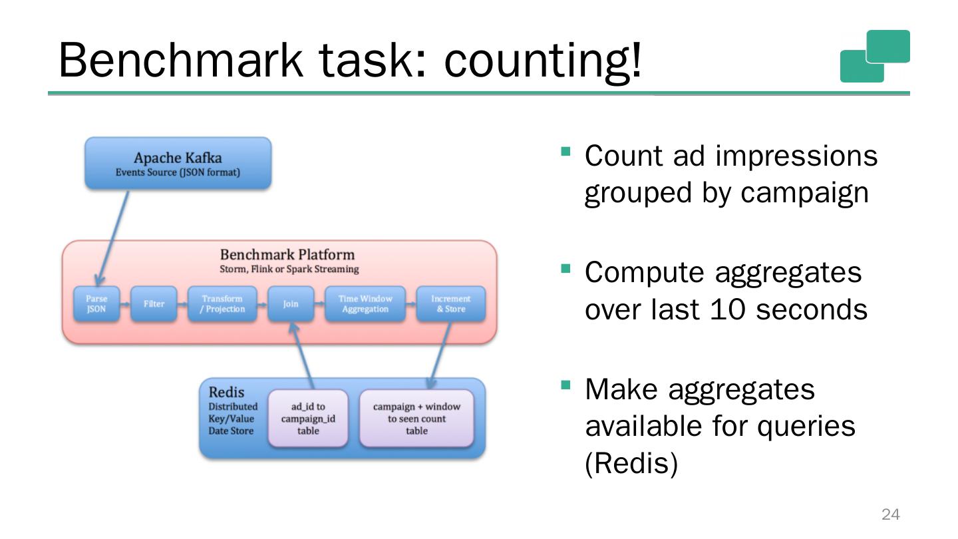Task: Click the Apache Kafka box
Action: [x=177, y=164]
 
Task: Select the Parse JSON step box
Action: [x=96, y=304]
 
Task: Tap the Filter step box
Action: [x=154, y=304]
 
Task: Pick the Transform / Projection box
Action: [x=222, y=304]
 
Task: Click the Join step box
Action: [x=291, y=304]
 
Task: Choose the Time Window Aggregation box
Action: [x=365, y=304]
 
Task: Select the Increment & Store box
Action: [x=450, y=304]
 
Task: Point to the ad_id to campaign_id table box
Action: [x=307, y=419]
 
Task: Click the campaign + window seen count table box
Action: [x=416, y=419]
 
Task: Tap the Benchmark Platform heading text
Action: [x=287, y=255]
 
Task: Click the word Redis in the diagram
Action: [x=227, y=393]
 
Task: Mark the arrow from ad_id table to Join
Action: [x=305, y=356]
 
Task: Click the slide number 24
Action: [x=890, y=514]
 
